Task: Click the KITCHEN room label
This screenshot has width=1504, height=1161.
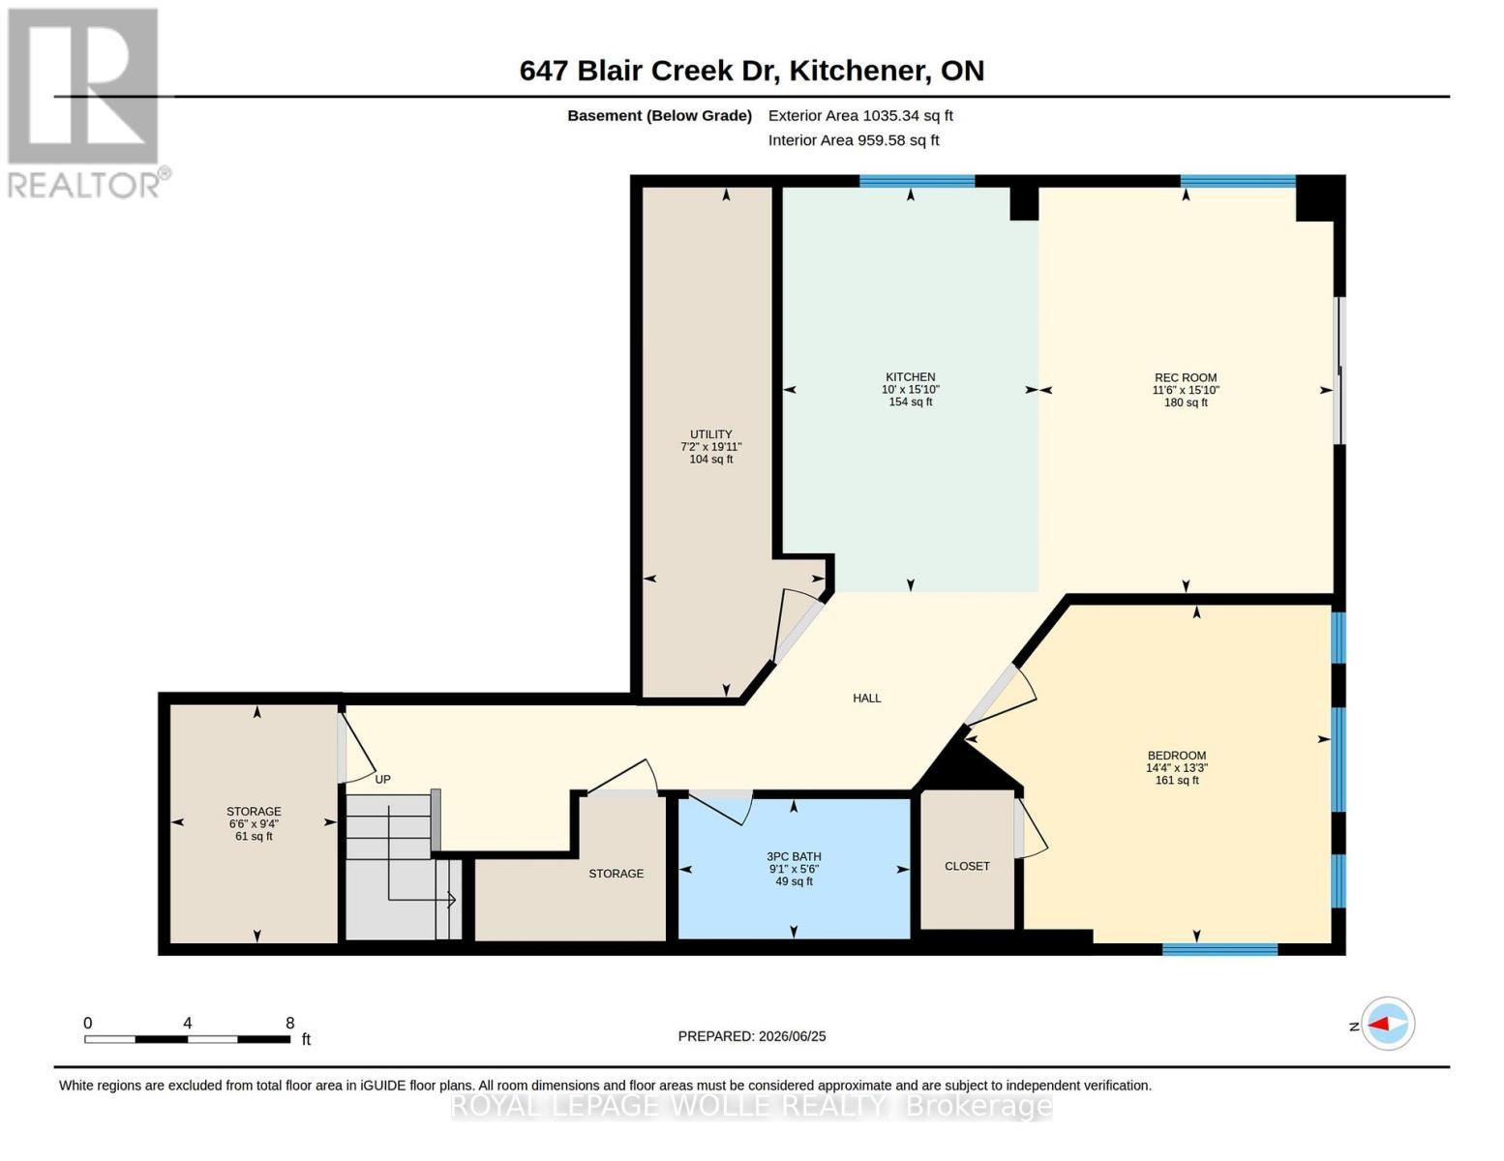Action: [910, 377]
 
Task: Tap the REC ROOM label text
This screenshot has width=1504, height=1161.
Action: [1186, 377]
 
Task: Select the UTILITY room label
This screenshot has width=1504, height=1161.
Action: [710, 434]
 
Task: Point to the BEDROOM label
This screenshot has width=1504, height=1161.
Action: [1177, 756]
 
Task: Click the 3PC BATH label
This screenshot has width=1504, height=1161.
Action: [794, 856]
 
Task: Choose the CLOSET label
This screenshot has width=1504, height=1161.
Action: [967, 866]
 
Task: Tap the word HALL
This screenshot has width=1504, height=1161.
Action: [866, 699]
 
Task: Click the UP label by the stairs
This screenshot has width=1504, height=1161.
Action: [382, 779]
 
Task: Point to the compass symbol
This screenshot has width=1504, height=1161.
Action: [1388, 1024]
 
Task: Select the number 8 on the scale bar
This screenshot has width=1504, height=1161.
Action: [290, 1023]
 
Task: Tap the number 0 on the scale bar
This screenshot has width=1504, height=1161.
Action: [88, 1023]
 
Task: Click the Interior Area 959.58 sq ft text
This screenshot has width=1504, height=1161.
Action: [854, 140]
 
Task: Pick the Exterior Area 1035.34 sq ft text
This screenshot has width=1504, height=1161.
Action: [860, 115]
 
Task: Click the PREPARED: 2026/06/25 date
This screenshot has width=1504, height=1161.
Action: [752, 1036]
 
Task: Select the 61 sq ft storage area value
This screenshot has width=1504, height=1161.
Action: [254, 836]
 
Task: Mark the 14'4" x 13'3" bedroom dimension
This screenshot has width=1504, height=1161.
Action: [1177, 768]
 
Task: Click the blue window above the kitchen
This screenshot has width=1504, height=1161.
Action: [917, 181]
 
